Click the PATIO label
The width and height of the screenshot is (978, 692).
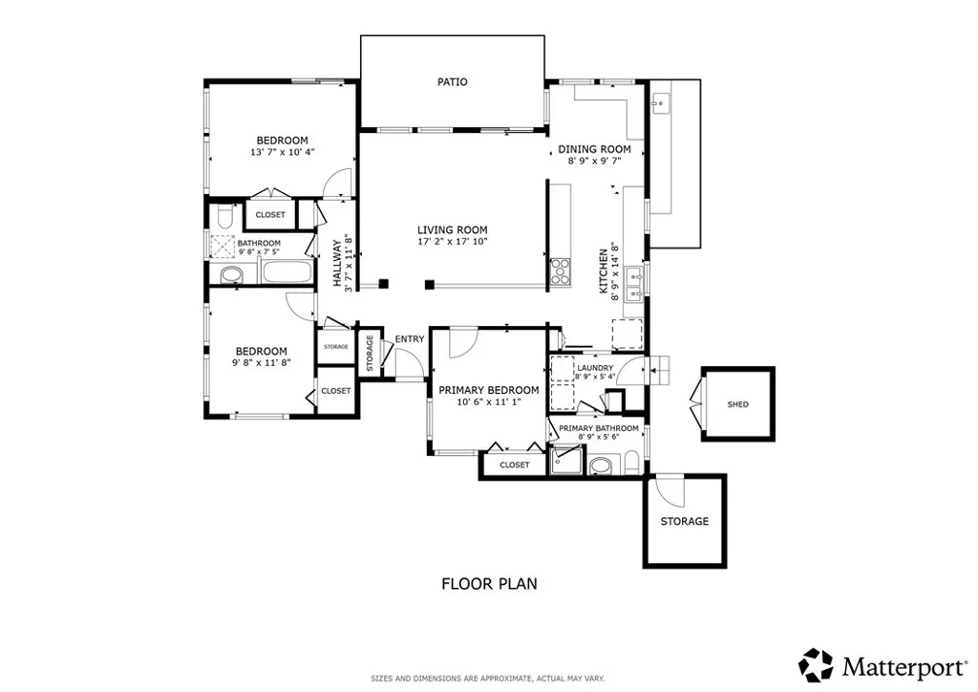(453, 82)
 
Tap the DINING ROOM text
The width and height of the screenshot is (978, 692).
(595, 149)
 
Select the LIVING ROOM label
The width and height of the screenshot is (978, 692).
(452, 230)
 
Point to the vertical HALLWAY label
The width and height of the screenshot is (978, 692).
(337, 262)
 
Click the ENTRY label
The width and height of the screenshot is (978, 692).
(410, 338)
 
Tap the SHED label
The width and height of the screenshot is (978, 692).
(738, 404)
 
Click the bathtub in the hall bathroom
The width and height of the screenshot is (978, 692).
(287, 272)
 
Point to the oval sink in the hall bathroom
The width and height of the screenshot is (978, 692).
(231, 276)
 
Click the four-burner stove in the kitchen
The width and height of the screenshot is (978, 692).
(560, 271)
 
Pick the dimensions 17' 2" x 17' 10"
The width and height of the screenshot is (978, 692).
(452, 243)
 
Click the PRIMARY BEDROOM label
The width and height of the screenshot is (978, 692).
(488, 390)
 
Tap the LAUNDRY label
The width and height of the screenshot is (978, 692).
(594, 367)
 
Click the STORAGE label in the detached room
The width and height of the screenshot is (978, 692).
(685, 522)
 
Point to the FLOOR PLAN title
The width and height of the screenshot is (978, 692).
(488, 583)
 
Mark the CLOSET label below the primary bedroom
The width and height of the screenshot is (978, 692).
(514, 465)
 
